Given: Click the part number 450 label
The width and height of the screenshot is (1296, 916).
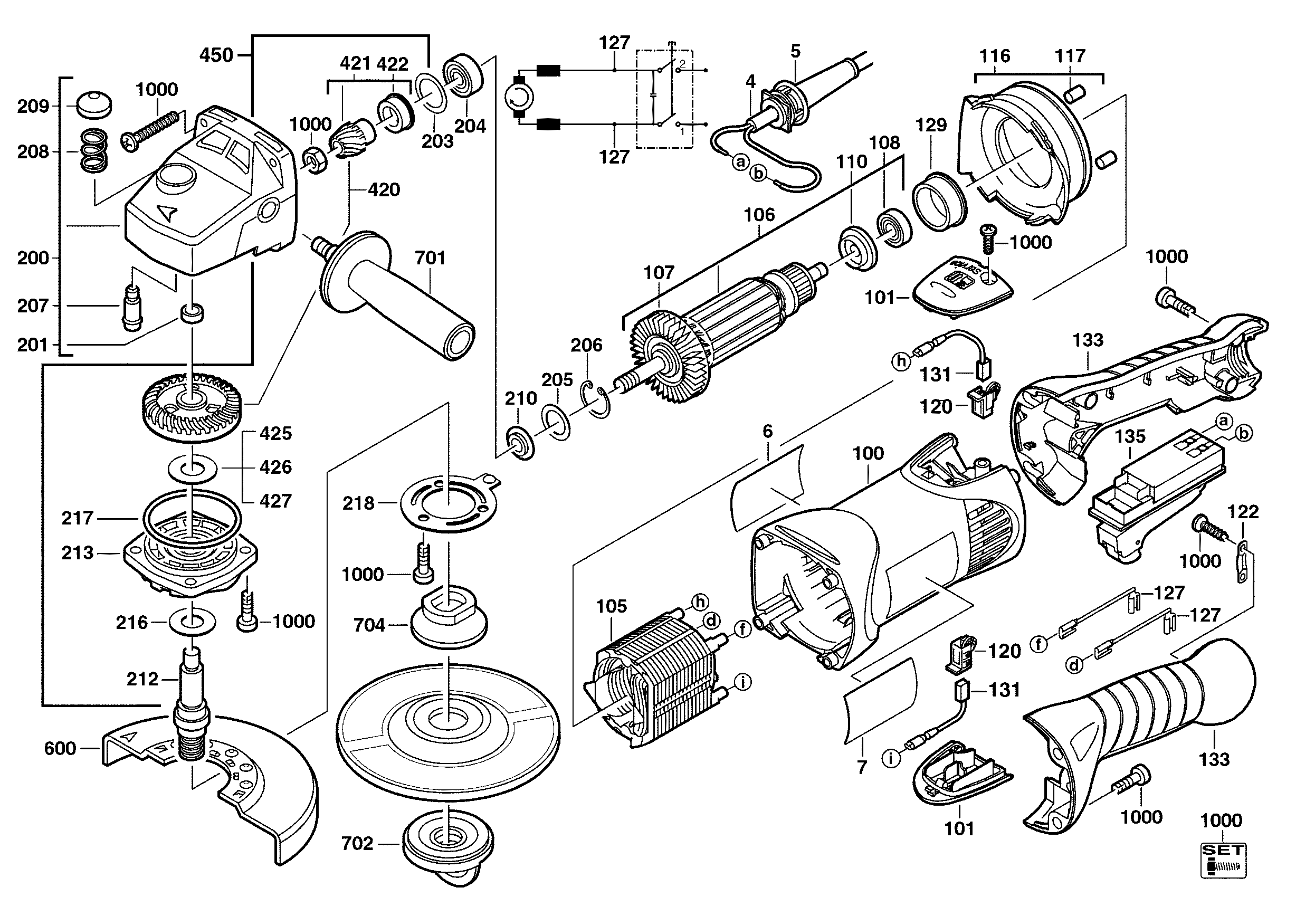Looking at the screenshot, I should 216,55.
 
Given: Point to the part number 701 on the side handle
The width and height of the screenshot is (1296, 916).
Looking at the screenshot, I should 430,258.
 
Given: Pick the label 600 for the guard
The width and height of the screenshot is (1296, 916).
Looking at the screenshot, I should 60,748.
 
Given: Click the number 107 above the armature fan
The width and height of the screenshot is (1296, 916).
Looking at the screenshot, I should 659,273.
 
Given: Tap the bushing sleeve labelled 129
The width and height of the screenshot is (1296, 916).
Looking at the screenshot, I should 939,201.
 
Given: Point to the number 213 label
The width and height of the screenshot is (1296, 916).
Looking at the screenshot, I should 78,552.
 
